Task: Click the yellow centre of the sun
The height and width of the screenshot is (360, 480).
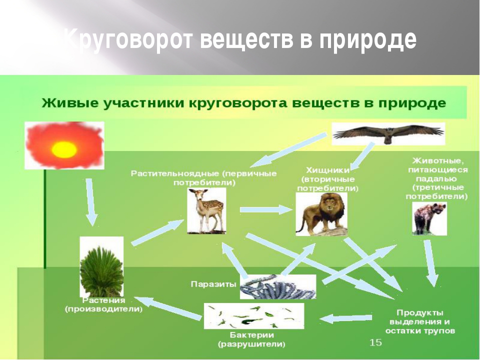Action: pos(64,149)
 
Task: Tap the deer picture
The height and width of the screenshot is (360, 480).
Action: pos(206,211)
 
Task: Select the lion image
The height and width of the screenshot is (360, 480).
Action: pos(321,214)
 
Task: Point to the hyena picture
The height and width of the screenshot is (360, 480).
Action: pos(429,218)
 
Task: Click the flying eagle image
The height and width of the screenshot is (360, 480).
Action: pos(388,134)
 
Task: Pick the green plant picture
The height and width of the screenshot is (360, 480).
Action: pos(101,267)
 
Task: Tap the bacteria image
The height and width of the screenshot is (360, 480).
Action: pos(254,316)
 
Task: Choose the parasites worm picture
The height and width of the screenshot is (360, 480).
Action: pos(278,287)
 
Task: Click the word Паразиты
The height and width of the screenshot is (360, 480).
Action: pos(213,284)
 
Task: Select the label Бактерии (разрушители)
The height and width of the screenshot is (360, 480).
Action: pos(251,340)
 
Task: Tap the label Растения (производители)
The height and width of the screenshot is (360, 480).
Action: pos(104,305)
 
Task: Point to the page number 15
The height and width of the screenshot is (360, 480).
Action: pos(375,342)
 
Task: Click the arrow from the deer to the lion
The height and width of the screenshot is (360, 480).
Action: pos(266,209)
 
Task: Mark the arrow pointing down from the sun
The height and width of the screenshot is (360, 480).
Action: pos(91,202)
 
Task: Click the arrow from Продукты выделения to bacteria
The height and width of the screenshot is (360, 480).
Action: pos(345,318)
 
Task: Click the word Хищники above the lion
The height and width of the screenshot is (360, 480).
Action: pos(328,170)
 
